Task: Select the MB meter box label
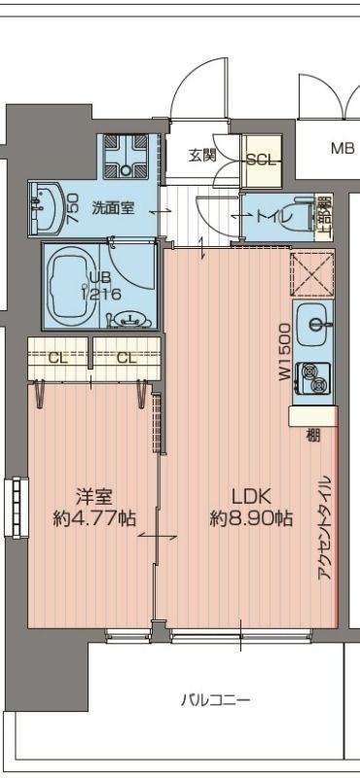[342, 149]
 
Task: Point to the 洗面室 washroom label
[113, 207]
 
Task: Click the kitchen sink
[312, 320]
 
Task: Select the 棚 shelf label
[312, 434]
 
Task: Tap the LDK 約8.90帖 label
[250, 507]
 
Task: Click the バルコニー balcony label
[215, 699]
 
